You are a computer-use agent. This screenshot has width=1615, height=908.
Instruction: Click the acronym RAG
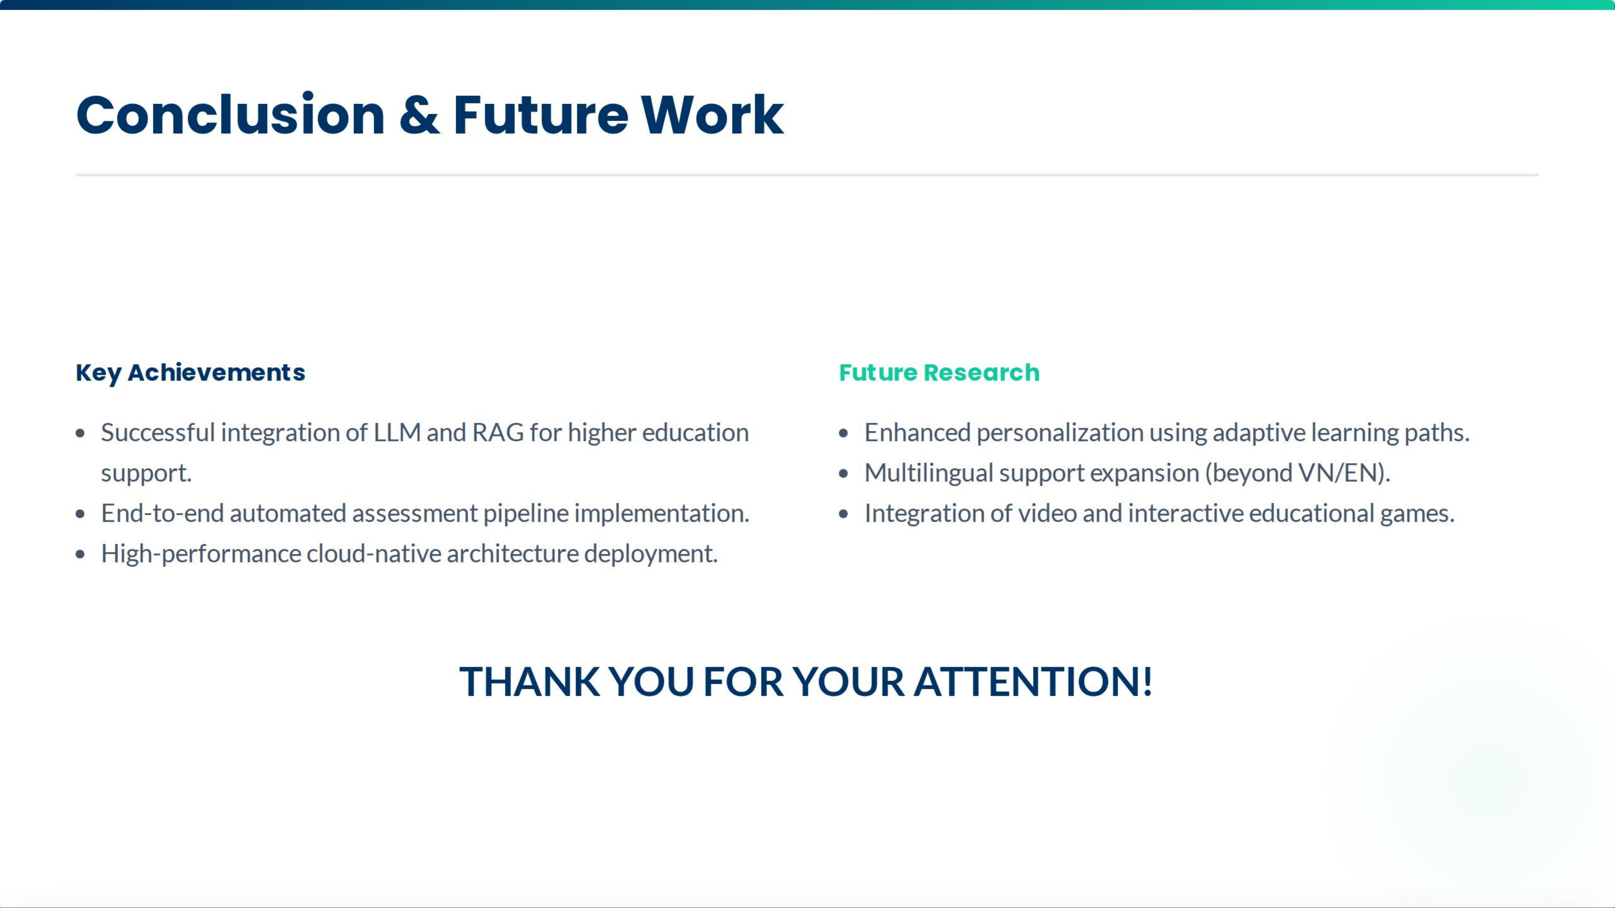coord(498,432)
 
